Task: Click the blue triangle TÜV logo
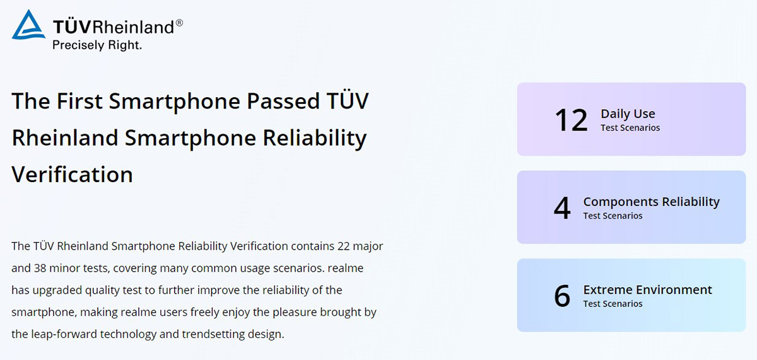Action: [x=28, y=25]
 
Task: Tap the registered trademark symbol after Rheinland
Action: [x=179, y=23]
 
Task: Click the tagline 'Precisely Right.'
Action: [x=97, y=45]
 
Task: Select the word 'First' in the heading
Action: [x=79, y=101]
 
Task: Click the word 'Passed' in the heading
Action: [x=283, y=101]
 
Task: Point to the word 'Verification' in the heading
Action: [x=72, y=174]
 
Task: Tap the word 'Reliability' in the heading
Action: [x=315, y=139]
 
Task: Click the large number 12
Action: [x=571, y=120]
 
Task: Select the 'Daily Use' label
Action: [x=628, y=114]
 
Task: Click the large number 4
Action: [x=562, y=207]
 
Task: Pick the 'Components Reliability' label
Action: [x=651, y=202]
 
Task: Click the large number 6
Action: [x=562, y=296]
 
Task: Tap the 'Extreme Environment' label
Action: [x=647, y=290]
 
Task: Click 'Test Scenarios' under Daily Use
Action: [x=630, y=127]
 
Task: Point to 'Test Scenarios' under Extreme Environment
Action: [x=613, y=304]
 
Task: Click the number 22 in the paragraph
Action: [x=343, y=246]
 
